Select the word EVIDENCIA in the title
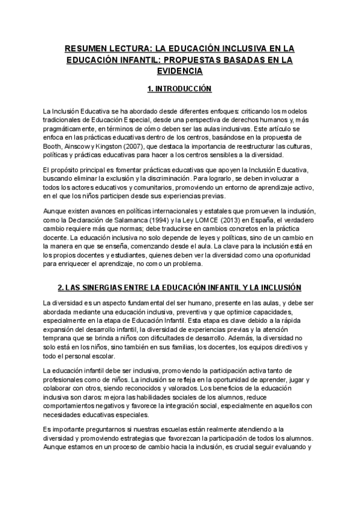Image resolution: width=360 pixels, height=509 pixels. click(180, 70)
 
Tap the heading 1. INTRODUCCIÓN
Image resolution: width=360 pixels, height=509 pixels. click(180, 88)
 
